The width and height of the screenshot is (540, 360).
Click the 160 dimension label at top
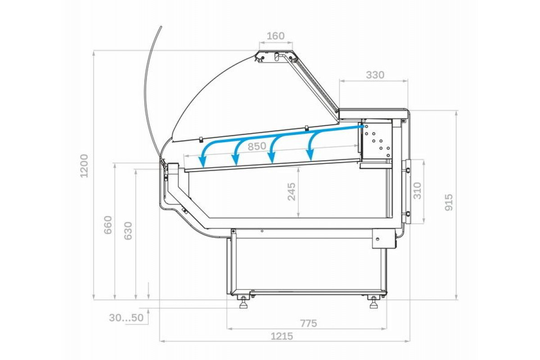click(275, 36)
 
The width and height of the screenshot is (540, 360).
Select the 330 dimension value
click(375, 75)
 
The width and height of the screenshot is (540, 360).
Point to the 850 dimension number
click(257, 146)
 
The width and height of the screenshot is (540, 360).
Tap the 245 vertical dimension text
click(292, 192)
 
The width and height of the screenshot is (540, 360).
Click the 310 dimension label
click(417, 191)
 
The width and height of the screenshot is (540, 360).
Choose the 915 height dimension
click(449, 202)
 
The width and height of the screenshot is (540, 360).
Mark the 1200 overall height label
click(84, 166)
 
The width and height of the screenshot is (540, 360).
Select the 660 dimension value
click(108, 225)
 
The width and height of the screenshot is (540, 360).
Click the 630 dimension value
click(128, 231)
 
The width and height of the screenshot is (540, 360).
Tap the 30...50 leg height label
click(126, 318)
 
